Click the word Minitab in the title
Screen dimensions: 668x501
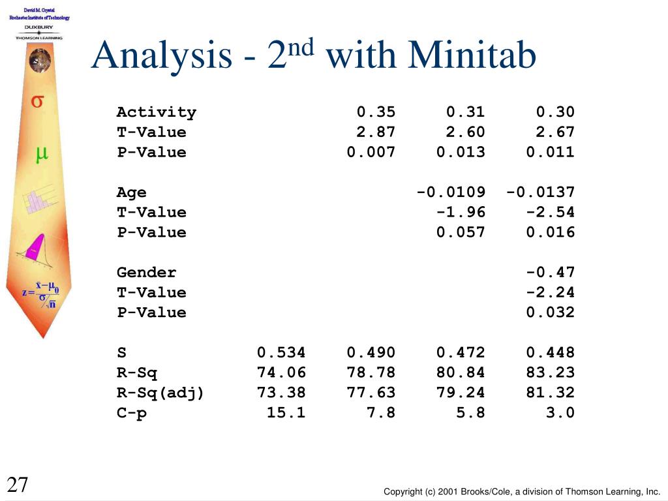(472, 55)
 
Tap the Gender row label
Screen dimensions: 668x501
(146, 273)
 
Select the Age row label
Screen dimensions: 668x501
(131, 192)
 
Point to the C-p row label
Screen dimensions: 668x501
(131, 413)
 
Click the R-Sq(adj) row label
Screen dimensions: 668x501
(160, 393)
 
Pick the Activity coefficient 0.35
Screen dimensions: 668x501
(376, 112)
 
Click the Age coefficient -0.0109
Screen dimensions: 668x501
(451, 192)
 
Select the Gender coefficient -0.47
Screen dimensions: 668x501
(551, 272)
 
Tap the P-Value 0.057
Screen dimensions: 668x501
(461, 232)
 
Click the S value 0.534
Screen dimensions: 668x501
(281, 352)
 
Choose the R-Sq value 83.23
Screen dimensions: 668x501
(551, 372)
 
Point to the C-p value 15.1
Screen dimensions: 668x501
(286, 412)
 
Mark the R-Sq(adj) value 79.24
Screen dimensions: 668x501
(461, 392)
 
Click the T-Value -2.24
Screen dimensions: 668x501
(551, 292)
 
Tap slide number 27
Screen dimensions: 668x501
(18, 485)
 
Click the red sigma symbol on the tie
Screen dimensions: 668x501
(37, 101)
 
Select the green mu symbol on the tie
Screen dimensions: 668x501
(41, 154)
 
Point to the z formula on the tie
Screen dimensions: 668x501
(40, 294)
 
